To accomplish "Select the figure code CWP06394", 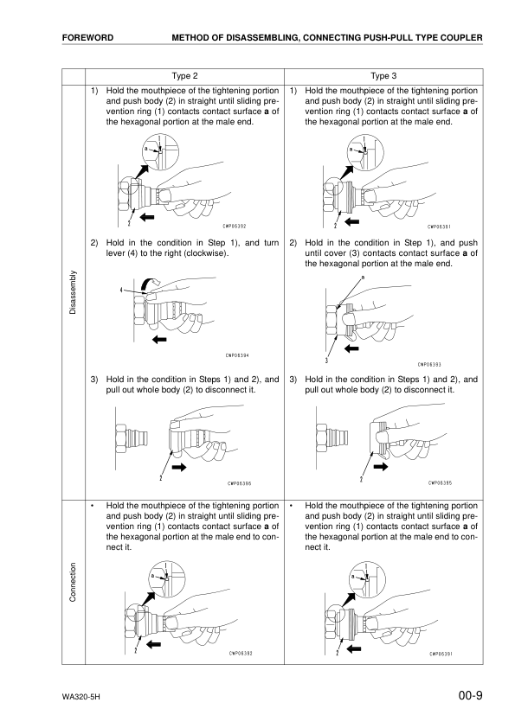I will coord(238,355).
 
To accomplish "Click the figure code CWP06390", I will coord(241,483).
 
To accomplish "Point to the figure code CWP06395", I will coord(441,483).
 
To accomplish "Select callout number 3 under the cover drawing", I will coord(325,359).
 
